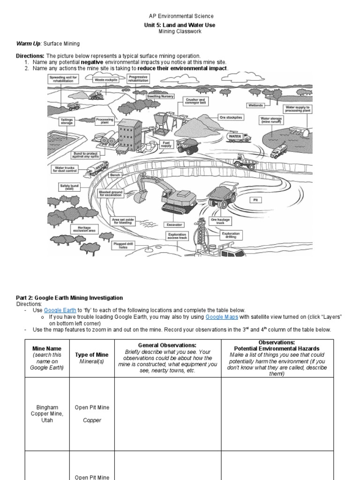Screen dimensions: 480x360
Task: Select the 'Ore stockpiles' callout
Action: pyautogui.click(x=231, y=117)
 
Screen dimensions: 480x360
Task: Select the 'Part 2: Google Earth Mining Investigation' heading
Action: pyautogui.click(x=69, y=298)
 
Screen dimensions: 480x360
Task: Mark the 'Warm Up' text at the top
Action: pyautogui.click(x=28, y=44)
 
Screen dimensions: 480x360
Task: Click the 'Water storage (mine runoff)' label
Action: pyautogui.click(x=271, y=121)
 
